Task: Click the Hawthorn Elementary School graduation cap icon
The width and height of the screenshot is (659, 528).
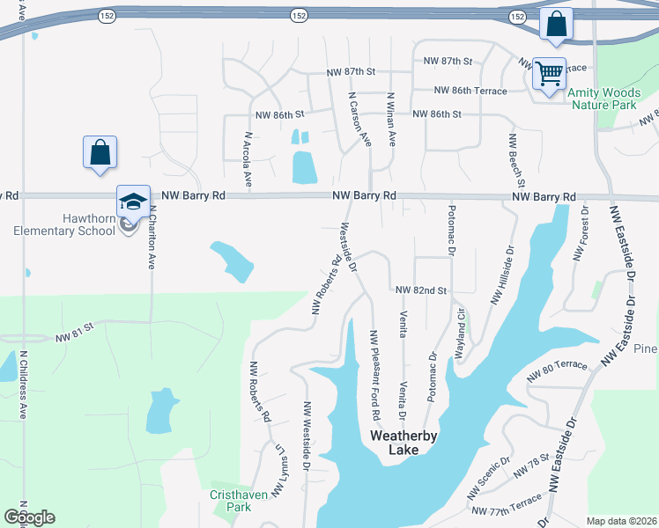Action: tap(133, 202)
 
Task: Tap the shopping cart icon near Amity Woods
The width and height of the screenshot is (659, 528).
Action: tap(550, 74)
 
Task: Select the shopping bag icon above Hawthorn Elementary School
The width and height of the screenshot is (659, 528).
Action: tap(100, 152)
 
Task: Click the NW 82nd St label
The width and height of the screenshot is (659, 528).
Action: tap(422, 290)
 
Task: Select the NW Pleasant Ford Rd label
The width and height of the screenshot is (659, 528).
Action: tap(374, 374)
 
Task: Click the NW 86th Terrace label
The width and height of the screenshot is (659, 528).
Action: tap(470, 91)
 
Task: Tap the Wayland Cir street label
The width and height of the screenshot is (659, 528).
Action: tap(459, 331)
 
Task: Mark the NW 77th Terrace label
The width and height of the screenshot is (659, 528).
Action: tap(507, 510)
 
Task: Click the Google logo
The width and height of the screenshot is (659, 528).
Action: tap(29, 517)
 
